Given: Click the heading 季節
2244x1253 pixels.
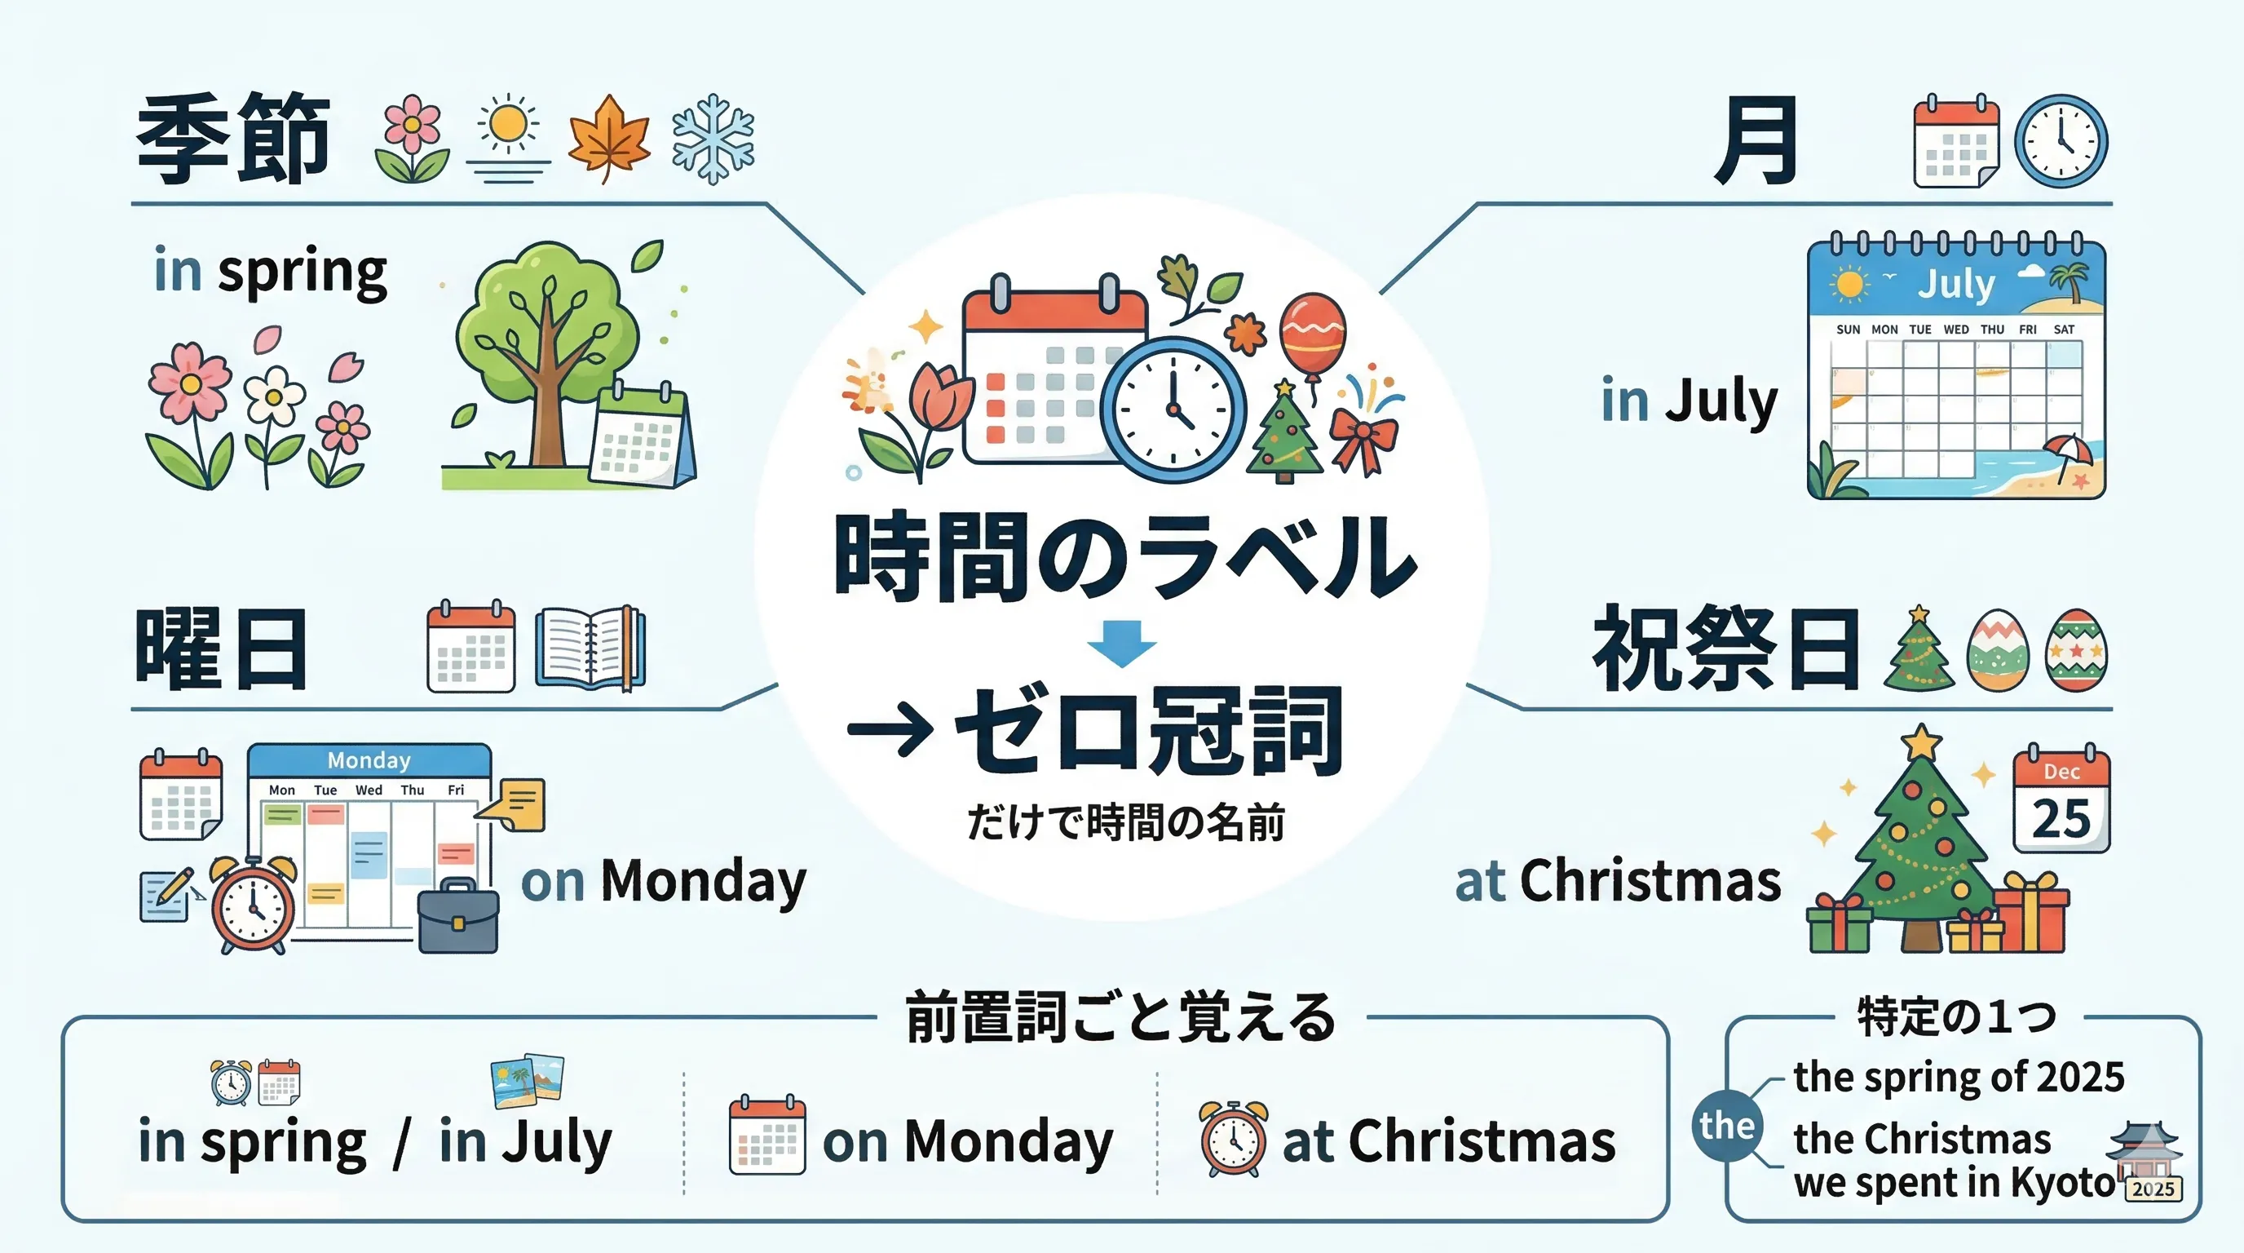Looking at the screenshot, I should pos(232,139).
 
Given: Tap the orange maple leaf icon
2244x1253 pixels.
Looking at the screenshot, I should pos(608,139).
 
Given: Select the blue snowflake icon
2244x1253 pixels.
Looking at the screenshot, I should pos(713,139).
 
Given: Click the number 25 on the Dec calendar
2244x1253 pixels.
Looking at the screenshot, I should pos(2061,819).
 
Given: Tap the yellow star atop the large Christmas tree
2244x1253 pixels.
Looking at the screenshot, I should pos(1922,742).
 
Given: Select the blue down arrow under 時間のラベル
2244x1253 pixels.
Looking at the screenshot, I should pos(1122,643).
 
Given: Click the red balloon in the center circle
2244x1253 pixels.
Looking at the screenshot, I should pos(1312,334).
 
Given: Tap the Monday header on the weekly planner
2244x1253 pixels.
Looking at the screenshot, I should pos(369,760).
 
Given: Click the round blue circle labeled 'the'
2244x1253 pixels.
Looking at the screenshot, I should pos(1726,1125).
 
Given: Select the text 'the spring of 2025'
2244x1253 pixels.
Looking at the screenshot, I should pos(1959,1078).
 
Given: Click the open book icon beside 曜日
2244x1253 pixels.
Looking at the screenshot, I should pos(590,649).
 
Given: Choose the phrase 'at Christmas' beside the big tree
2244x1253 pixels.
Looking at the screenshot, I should pos(1618,881).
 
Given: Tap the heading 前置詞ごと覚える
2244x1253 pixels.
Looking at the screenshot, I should pos(1120,1018).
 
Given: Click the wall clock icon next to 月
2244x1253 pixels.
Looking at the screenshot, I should pos(2061,141).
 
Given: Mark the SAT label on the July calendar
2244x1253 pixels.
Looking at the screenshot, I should pos(2064,330).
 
